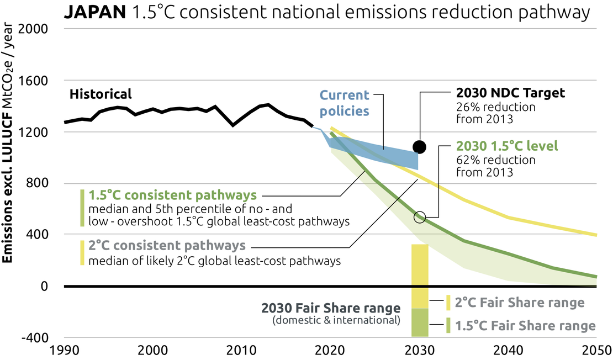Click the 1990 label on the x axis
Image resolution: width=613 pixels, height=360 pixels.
tap(64, 350)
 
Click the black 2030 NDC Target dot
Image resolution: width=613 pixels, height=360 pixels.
tap(419, 147)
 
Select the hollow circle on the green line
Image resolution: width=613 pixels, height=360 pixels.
tap(419, 217)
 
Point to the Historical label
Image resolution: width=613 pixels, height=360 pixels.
tap(101, 94)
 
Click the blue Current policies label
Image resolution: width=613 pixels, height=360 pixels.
tap(345, 103)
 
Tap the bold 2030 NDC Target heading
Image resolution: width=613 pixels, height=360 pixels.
tap(510, 93)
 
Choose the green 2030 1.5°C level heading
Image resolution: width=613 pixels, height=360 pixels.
tap(508, 147)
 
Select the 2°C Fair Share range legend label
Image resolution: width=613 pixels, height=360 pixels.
tap(520, 303)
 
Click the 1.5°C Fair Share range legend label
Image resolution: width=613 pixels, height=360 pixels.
tap(525, 326)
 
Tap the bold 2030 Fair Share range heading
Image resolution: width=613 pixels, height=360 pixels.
tap(331, 309)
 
